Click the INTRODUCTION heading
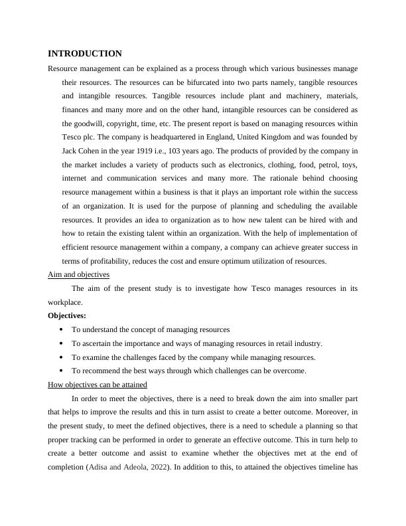pyautogui.click(x=85, y=54)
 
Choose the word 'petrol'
pyautogui.click(x=327, y=165)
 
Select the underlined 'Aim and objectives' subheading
pyautogui.click(x=79, y=274)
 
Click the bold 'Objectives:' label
pyautogui.click(x=67, y=315)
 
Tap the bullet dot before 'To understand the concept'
pyautogui.click(x=61, y=329)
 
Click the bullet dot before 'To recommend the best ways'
pyautogui.click(x=61, y=371)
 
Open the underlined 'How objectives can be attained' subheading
pyautogui.click(x=98, y=385)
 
